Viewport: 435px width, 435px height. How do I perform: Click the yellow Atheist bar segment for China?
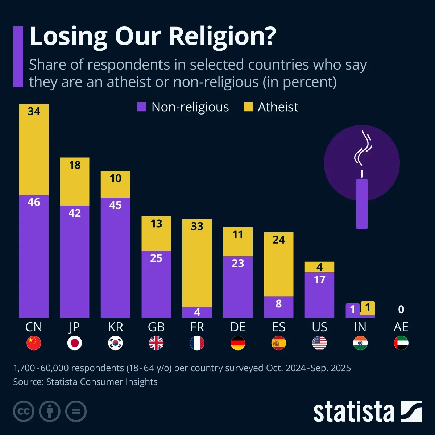(34, 149)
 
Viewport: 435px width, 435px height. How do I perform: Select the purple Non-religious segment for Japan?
(75, 261)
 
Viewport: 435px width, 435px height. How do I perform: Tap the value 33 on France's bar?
(197, 226)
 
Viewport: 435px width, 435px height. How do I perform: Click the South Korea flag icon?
(116, 343)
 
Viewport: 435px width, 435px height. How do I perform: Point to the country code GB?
(156, 327)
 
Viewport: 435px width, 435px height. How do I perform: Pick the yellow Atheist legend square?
(248, 107)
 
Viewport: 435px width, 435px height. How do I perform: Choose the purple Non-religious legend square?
(141, 107)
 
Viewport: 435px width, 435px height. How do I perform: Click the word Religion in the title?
(222, 36)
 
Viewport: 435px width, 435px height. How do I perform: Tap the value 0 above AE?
(401, 309)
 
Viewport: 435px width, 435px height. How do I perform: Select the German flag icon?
(238, 343)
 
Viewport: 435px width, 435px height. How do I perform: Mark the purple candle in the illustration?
(362, 204)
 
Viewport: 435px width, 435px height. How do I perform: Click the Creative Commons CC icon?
(24, 411)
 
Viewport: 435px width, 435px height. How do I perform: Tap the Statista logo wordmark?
(353, 412)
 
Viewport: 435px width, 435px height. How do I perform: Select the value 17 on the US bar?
(319, 279)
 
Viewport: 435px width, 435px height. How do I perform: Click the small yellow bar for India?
(368, 308)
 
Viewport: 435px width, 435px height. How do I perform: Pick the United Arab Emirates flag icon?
(401, 343)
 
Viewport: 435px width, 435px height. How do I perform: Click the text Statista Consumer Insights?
(102, 382)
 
